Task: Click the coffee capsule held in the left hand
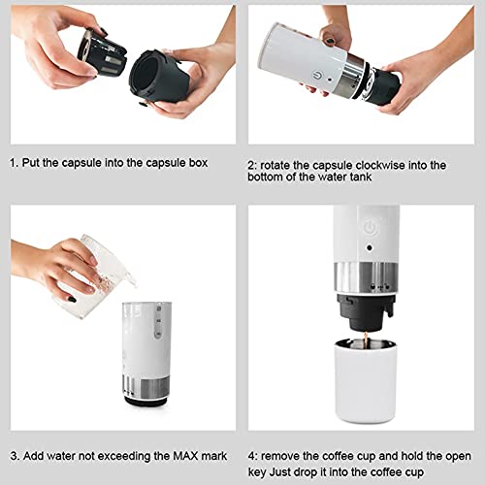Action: coord(101,49)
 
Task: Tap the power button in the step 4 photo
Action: coord(370,229)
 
